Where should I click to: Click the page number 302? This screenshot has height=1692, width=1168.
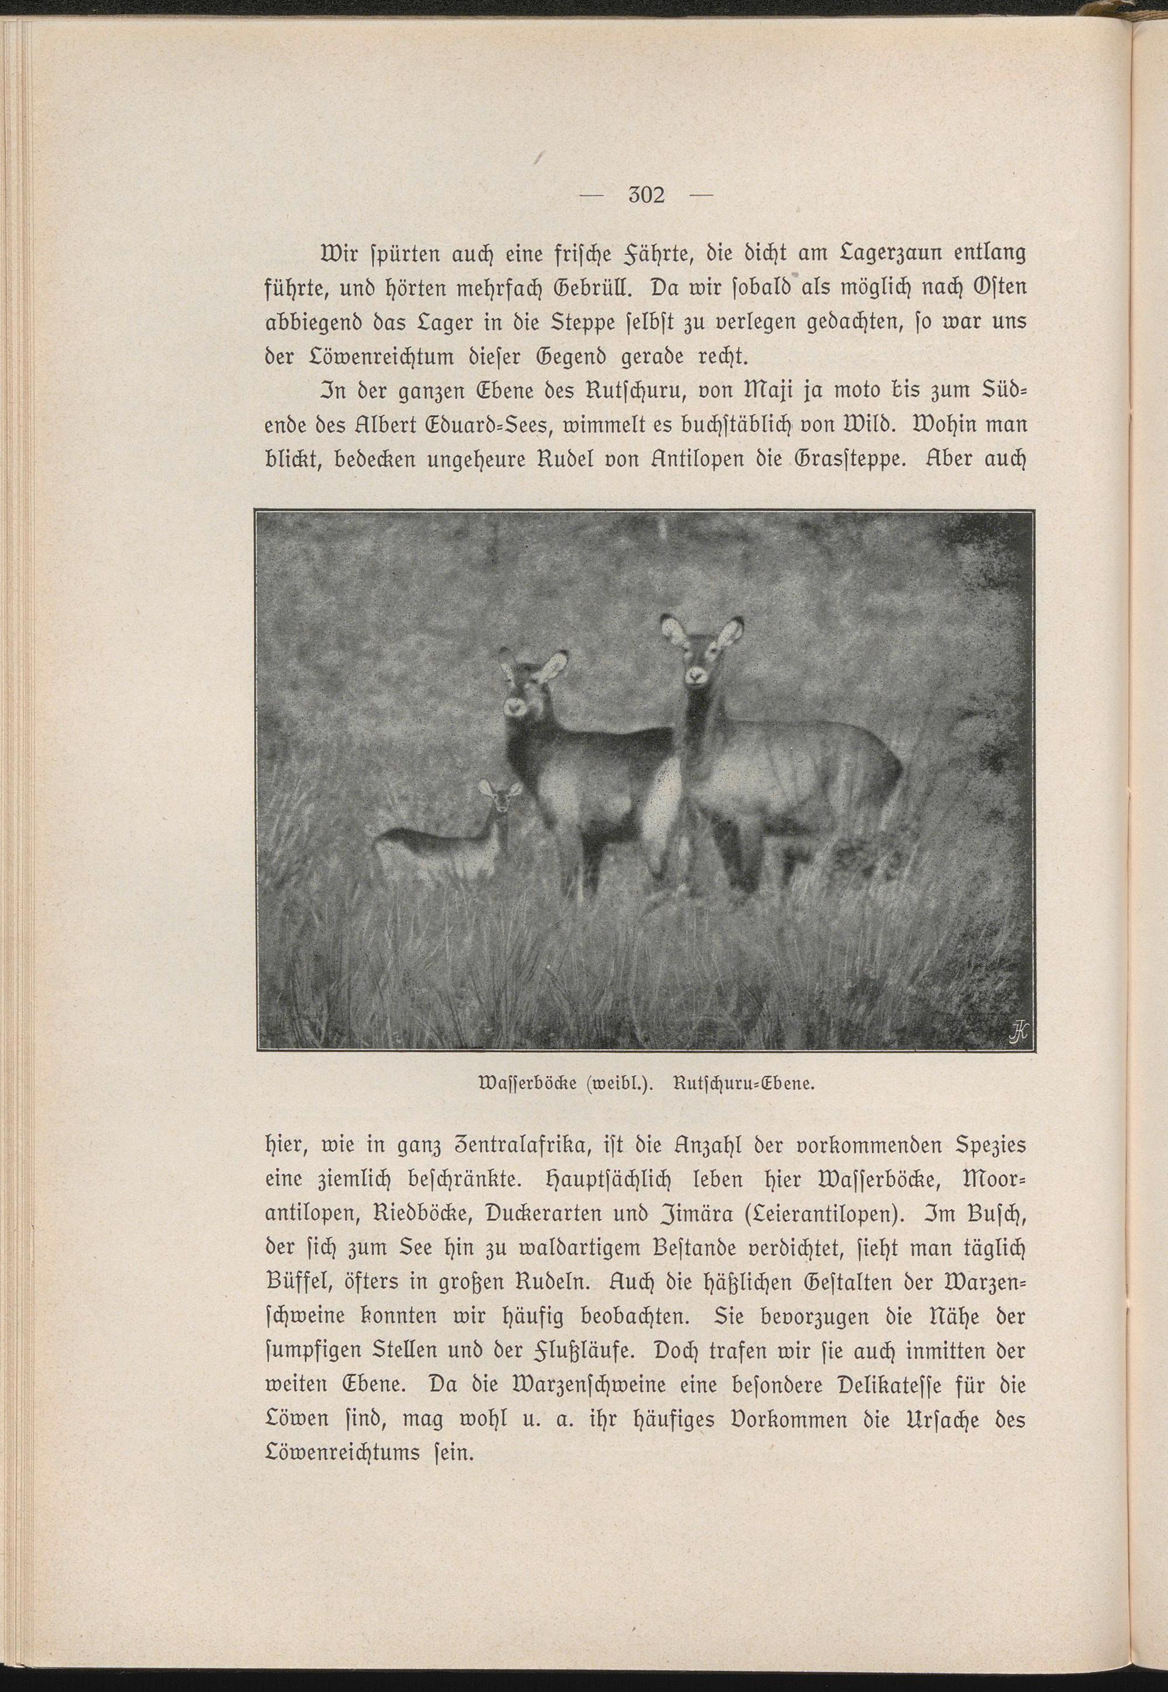pos(645,196)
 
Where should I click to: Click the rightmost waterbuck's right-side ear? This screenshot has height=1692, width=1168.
pos(732,630)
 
